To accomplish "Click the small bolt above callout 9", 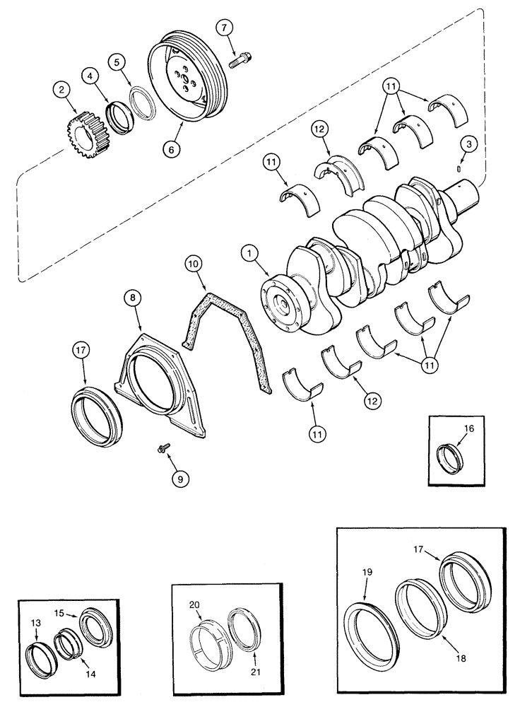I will [x=161, y=447].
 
